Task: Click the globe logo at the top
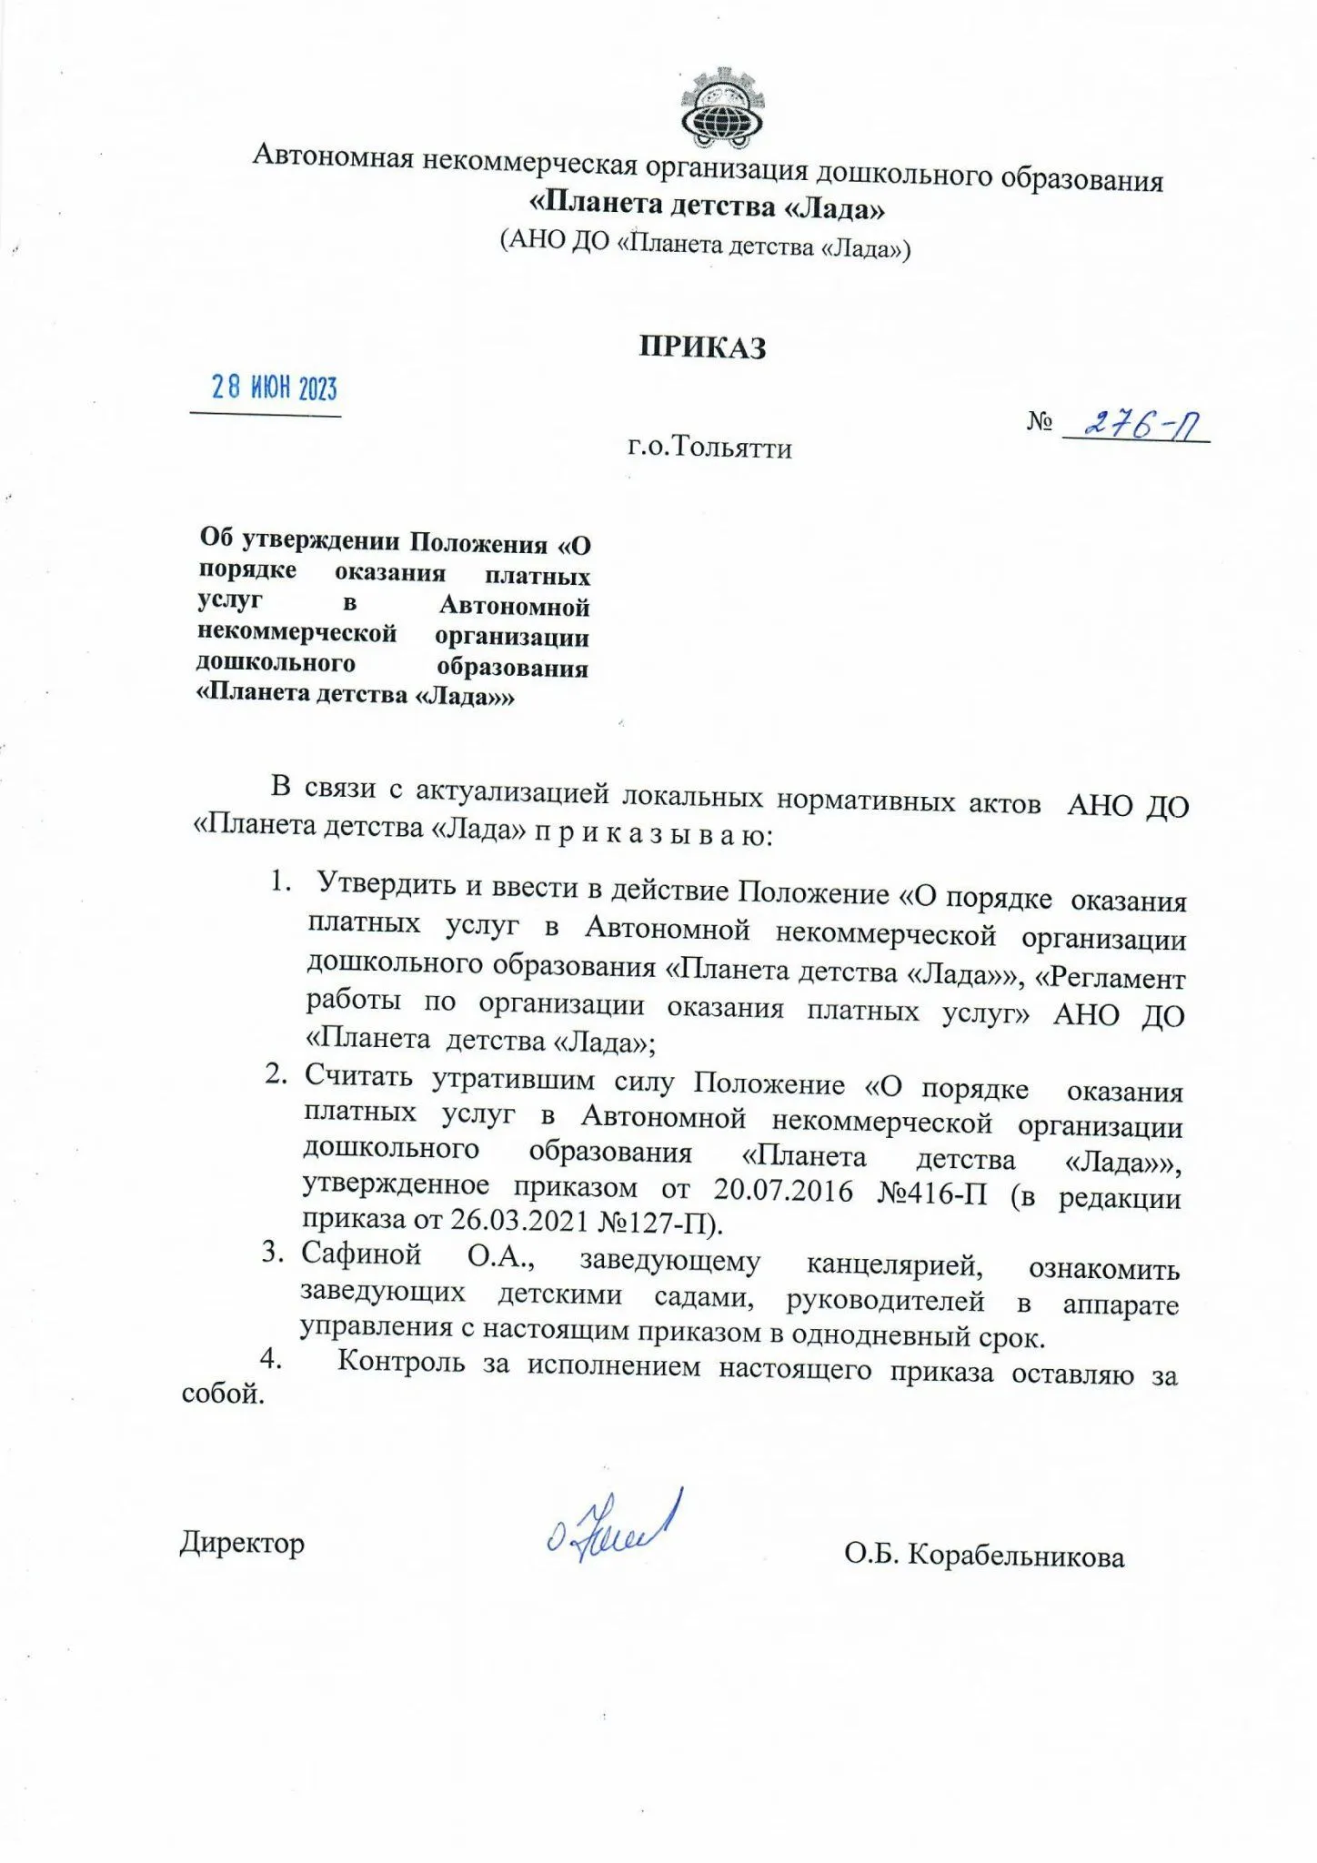coord(723,109)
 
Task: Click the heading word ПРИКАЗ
coord(702,347)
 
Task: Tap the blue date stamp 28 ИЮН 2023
coord(274,388)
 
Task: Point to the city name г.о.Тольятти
coord(709,448)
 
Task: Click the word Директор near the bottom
coord(242,1543)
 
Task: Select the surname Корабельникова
coord(1016,1556)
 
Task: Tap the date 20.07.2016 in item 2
coord(782,1191)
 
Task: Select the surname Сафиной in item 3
coord(361,1254)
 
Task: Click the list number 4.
coord(270,1358)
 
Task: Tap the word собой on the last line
coord(223,1394)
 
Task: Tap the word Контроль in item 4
coord(400,1363)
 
